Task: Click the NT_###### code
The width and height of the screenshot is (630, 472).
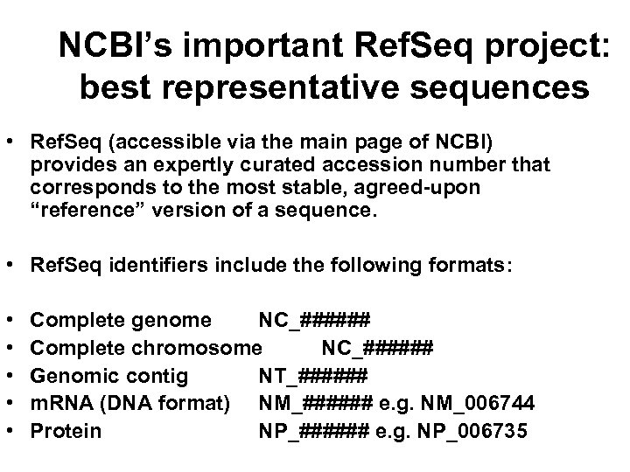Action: [x=312, y=376]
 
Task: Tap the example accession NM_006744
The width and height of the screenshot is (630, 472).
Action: [x=476, y=404]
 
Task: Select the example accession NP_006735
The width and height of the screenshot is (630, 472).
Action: [x=473, y=431]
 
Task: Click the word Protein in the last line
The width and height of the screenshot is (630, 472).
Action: [x=66, y=431]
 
